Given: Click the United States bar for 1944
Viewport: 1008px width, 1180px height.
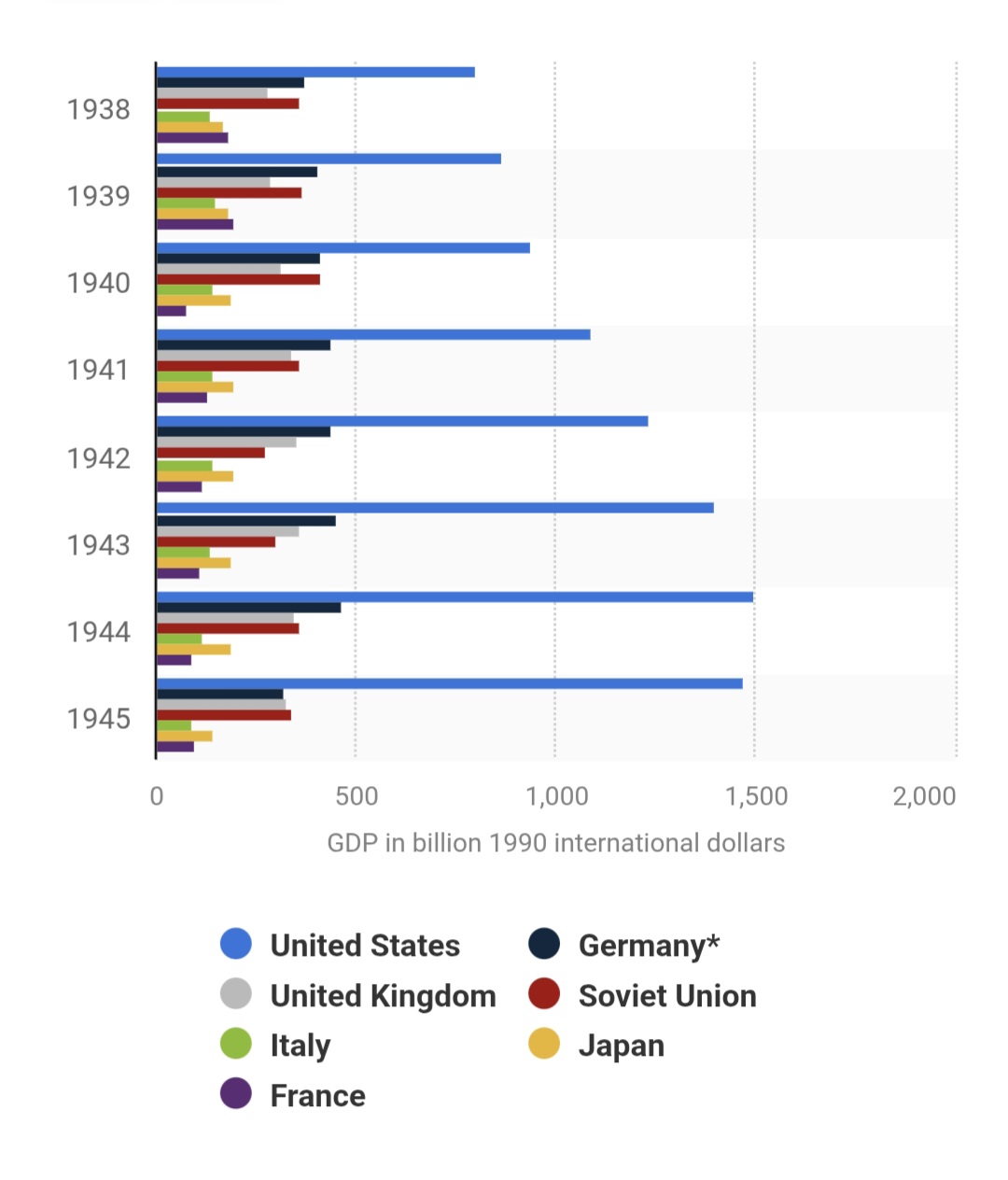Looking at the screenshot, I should tap(455, 597).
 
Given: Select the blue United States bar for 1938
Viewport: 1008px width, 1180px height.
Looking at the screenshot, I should tap(315, 72).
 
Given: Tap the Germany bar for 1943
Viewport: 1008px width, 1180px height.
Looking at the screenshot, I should tap(245, 521).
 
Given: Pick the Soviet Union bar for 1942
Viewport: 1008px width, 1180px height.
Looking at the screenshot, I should tap(211, 453).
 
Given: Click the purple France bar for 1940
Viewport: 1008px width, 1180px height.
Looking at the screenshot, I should tap(172, 311).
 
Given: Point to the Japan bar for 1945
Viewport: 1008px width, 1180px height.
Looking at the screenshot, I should tap(185, 736).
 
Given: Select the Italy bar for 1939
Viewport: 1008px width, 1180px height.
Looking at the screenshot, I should tap(186, 204).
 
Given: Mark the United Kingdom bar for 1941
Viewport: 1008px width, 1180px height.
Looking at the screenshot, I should tap(224, 356).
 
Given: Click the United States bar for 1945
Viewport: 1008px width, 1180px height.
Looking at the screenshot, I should tap(449, 683).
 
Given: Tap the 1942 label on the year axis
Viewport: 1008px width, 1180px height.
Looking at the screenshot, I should tap(98, 458).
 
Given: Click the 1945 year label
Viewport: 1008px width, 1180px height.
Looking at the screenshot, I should tap(98, 719).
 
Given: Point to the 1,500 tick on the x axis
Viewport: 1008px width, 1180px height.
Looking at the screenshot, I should tap(756, 796).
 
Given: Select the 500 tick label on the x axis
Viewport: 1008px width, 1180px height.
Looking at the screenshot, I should tap(357, 796).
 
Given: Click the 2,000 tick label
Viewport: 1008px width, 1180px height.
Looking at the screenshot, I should tap(924, 796).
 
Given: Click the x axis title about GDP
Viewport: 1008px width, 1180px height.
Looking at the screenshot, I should tap(555, 843).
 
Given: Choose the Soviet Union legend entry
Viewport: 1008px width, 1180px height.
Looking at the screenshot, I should tap(666, 996).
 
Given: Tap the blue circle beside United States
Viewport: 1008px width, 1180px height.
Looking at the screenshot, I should tap(236, 944).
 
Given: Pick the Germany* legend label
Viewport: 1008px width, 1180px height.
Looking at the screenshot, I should tap(649, 946).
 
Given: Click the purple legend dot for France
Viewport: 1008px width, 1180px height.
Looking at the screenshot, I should tap(236, 1094).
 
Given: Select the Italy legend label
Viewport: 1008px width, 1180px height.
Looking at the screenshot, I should tap(300, 1046).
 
